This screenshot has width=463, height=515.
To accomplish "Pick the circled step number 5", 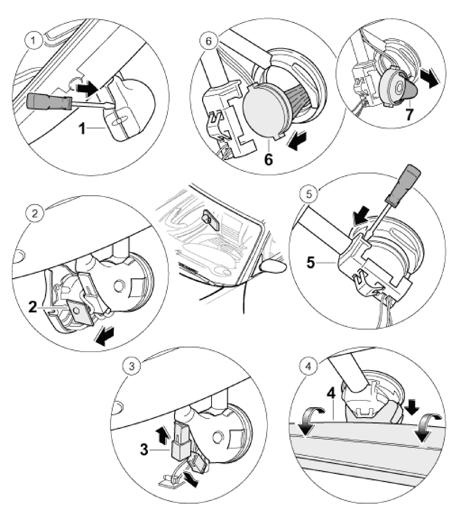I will [309, 194].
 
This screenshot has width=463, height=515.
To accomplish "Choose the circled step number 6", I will [208, 41].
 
